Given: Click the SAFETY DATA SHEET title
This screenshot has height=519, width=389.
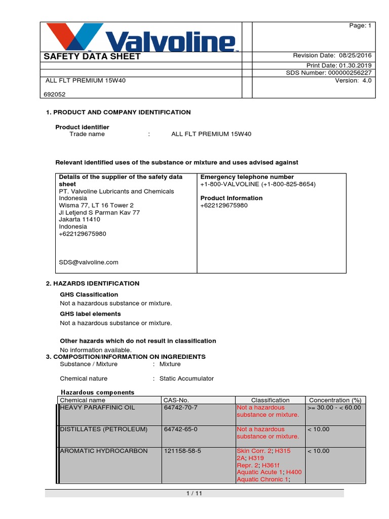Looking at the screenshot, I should (92, 57).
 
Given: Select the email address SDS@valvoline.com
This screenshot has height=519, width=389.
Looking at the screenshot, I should (89, 262).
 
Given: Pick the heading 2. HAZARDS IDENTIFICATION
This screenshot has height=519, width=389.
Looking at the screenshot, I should (93, 283).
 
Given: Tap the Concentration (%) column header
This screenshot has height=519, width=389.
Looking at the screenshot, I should (335, 400).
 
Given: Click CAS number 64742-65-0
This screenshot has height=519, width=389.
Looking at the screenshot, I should (181, 429).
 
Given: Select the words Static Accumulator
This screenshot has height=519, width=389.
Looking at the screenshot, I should (186, 378).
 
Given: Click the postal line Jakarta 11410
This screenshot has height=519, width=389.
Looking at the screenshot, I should (80, 219).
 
